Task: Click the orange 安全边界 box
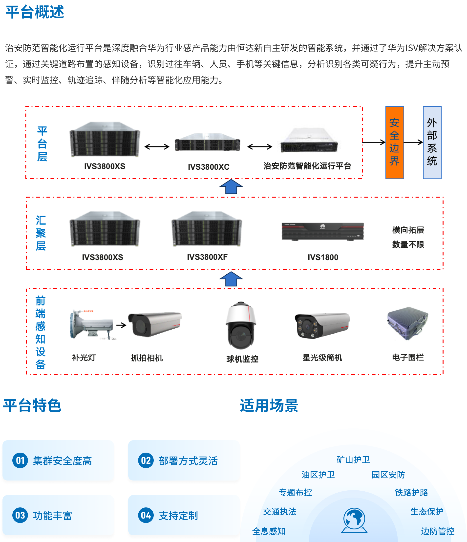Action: click(x=395, y=142)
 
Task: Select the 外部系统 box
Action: click(x=432, y=142)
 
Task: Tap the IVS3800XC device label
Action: click(x=208, y=167)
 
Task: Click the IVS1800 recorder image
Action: click(x=322, y=232)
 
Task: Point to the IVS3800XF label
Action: click(x=207, y=257)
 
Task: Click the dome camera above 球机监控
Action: click(x=241, y=326)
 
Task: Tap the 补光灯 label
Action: click(x=84, y=358)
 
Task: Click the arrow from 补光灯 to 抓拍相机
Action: click(x=121, y=325)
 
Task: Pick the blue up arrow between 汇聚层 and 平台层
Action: click(x=231, y=186)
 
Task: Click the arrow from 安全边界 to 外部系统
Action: click(x=413, y=142)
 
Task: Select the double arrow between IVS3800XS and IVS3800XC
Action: click(x=157, y=146)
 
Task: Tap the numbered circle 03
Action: click(x=20, y=515)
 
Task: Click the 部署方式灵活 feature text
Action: click(x=188, y=461)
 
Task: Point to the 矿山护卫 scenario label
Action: click(x=353, y=460)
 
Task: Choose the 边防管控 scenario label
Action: click(x=437, y=531)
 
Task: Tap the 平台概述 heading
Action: click(x=35, y=12)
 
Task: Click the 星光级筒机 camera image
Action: click(x=322, y=326)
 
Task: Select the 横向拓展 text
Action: click(x=408, y=230)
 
